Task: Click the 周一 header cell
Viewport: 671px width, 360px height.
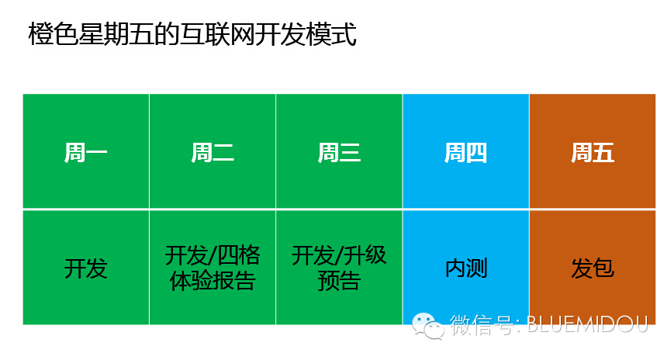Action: tap(85, 151)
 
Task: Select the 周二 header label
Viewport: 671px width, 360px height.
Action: tap(213, 152)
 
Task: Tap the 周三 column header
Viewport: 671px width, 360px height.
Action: tap(339, 151)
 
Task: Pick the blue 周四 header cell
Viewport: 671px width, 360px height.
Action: tap(465, 151)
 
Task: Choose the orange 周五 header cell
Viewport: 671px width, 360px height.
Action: tap(593, 151)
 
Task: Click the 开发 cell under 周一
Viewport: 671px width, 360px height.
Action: tap(85, 268)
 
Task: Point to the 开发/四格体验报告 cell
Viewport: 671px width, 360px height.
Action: tap(213, 268)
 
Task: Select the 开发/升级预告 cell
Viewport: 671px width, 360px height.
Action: tap(339, 268)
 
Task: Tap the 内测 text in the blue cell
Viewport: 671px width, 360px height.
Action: tap(466, 268)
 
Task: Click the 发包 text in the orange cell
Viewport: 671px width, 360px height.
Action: tap(593, 268)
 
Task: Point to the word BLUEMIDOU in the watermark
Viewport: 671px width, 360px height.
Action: tap(587, 324)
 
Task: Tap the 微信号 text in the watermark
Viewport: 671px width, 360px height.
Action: tap(482, 324)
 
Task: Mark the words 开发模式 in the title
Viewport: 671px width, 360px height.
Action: tap(306, 34)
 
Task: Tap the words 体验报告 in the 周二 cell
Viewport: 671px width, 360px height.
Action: tap(213, 281)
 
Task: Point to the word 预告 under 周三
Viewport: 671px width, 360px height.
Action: tap(339, 281)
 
